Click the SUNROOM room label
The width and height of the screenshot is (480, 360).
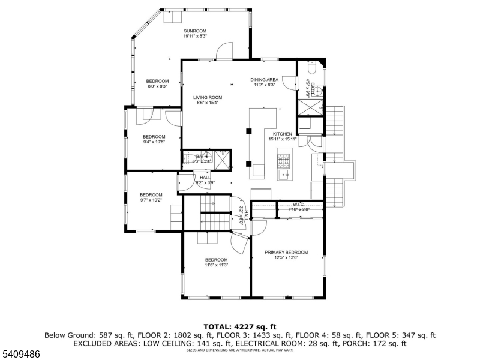tap(195, 31)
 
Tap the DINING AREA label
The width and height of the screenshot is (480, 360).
tap(264, 79)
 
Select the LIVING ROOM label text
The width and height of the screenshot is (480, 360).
tap(208, 97)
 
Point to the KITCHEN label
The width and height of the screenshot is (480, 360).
tap(283, 134)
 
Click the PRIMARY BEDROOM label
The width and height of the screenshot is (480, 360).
tap(286, 253)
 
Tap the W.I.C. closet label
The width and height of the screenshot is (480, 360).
tap(298, 204)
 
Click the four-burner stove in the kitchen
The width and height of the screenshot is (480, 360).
tap(283, 161)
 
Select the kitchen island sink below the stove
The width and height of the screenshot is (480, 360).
tap(283, 175)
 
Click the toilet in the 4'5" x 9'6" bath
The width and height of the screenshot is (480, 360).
tap(311, 68)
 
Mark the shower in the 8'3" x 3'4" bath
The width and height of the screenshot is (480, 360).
tap(223, 158)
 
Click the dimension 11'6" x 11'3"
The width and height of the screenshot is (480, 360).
tap(216, 265)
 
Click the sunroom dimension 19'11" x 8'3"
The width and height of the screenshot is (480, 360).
tap(195, 37)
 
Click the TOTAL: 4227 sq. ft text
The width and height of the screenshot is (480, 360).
tap(239, 326)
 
